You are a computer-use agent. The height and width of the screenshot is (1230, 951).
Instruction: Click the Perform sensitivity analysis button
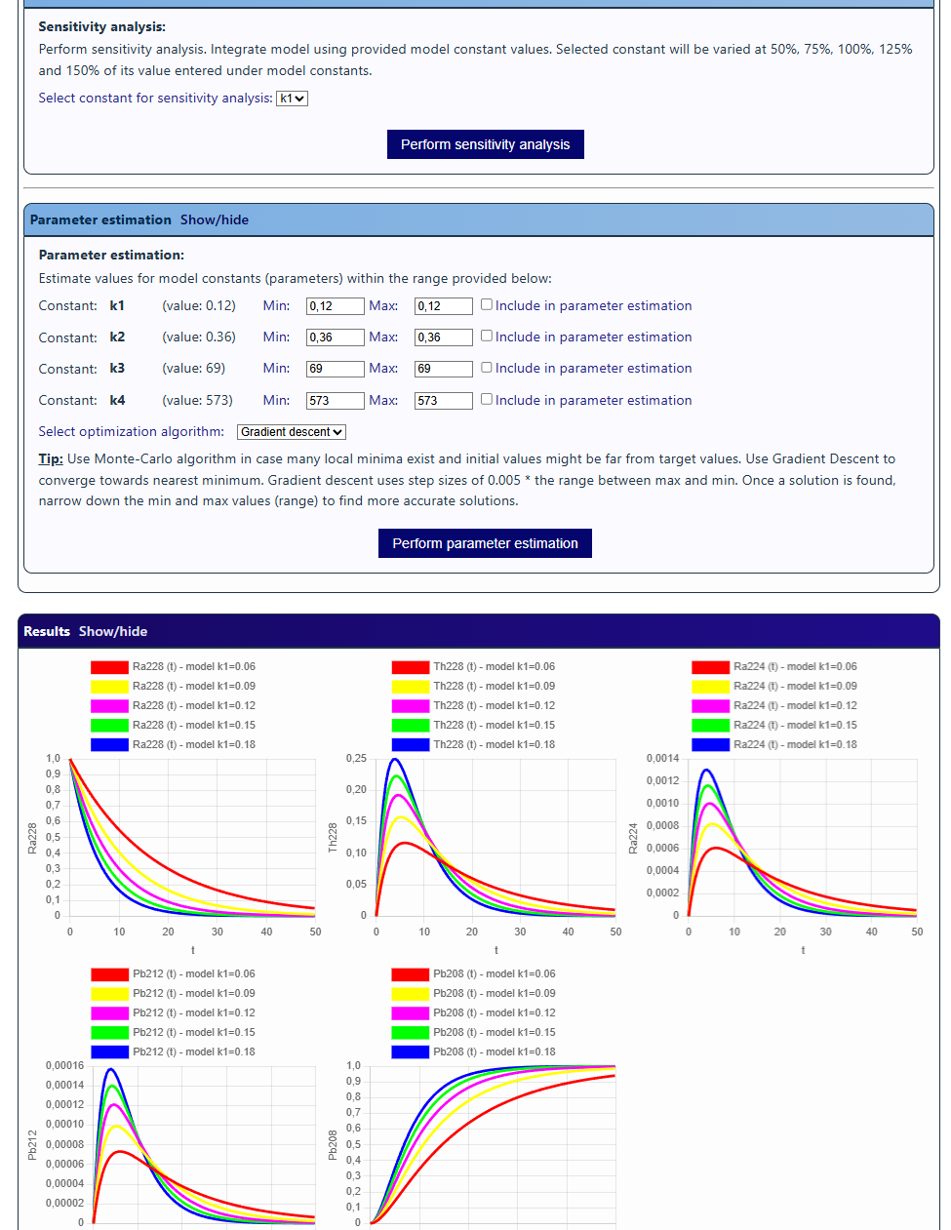point(485,144)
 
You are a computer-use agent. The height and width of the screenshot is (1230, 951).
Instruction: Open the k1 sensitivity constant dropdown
point(292,99)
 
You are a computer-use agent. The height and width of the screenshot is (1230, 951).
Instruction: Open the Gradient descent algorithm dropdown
point(292,432)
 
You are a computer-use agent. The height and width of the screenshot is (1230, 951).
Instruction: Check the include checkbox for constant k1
point(487,304)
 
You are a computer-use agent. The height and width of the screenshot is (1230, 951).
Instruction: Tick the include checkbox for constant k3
point(487,367)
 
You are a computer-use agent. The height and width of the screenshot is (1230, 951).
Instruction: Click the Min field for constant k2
point(335,337)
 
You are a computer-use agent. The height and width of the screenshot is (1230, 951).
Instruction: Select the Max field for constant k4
point(443,401)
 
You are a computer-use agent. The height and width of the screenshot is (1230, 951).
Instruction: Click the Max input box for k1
point(443,306)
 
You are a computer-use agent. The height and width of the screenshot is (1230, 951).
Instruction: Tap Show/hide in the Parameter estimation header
point(215,220)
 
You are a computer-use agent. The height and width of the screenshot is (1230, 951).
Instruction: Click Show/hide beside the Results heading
point(113,632)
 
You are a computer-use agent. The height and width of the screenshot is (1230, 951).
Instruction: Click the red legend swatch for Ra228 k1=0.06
point(109,667)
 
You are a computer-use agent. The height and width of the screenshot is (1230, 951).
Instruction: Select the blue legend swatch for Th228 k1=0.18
point(411,745)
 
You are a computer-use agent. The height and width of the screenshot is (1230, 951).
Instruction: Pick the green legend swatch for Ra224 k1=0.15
point(710,726)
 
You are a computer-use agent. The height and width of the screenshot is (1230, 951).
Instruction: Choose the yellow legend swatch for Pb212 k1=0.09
point(109,994)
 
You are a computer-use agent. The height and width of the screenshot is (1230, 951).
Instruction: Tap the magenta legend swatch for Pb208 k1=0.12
point(411,1013)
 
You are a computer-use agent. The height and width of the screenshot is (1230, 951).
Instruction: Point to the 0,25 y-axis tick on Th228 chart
point(356,759)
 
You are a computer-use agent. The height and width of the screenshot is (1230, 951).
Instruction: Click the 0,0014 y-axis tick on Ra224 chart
point(662,759)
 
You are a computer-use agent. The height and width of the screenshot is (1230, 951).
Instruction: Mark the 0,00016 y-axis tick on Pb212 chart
point(64,1066)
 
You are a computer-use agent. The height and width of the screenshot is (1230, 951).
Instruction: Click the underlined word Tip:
point(51,459)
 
